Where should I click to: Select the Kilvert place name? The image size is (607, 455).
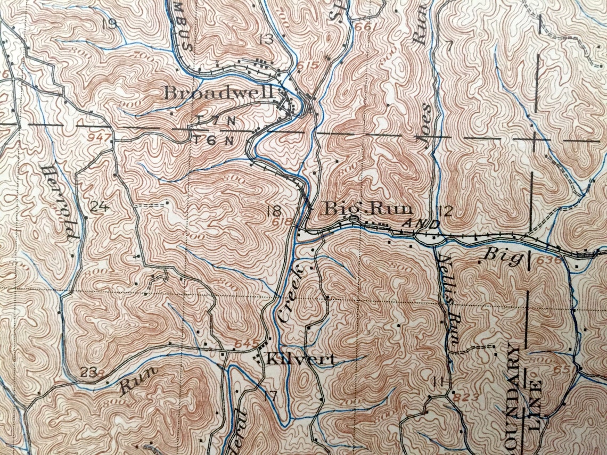(x=301, y=359)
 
